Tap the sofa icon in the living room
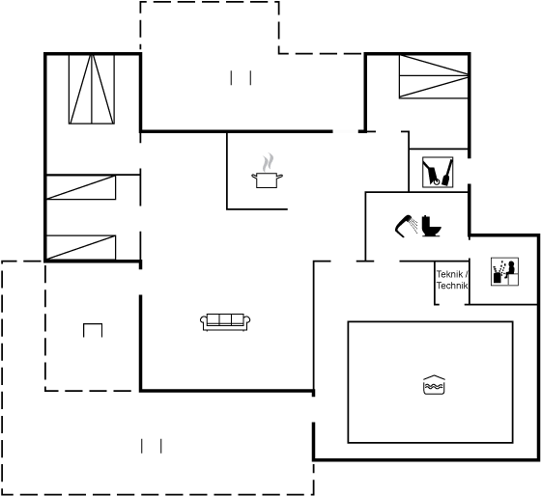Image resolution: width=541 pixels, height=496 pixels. click(225, 322)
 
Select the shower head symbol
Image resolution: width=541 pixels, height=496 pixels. click(406, 226)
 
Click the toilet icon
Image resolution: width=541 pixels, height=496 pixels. click(431, 226)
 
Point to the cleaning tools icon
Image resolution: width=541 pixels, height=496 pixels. click(438, 173)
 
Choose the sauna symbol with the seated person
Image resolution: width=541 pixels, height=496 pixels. click(504, 271)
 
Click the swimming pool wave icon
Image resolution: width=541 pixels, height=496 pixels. click(434, 385)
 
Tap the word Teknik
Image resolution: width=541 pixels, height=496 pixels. click(449, 274)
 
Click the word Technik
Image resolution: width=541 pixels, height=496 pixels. click(452, 286)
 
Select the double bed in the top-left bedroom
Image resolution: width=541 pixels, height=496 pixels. click(92, 89)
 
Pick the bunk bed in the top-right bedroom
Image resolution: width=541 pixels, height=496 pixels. click(434, 76)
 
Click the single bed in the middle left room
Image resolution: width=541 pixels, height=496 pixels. click(81, 187)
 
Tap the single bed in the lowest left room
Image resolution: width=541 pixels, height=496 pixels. click(81, 247)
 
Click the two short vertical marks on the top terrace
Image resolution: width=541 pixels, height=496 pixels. click(241, 77)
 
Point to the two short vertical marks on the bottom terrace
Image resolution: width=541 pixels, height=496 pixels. click(152, 446)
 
